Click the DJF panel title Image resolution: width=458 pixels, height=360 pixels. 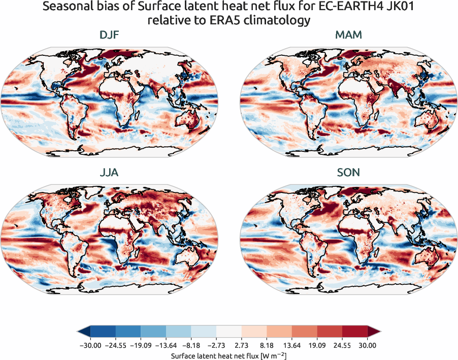(110, 35)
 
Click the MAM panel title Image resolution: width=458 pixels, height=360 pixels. (348, 35)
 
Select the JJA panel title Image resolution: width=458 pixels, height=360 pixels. (110, 173)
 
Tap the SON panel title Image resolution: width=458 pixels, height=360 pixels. (348, 173)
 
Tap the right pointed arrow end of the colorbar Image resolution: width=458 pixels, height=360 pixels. (375, 332)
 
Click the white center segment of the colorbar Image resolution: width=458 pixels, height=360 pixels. (229, 332)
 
